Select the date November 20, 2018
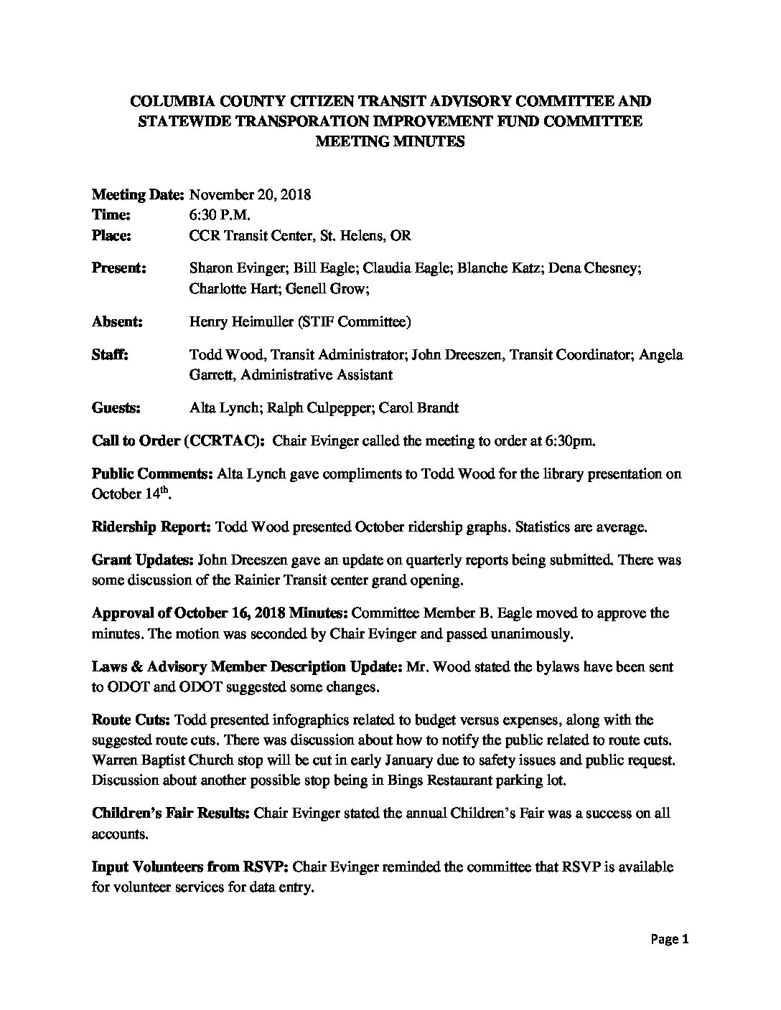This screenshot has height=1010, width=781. click(250, 194)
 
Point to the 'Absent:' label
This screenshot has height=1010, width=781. click(117, 322)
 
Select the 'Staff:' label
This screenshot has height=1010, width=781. click(110, 354)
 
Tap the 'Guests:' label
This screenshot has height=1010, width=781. click(116, 408)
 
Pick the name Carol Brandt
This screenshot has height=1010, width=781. click(420, 408)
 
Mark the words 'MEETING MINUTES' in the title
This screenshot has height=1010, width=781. click(390, 141)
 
